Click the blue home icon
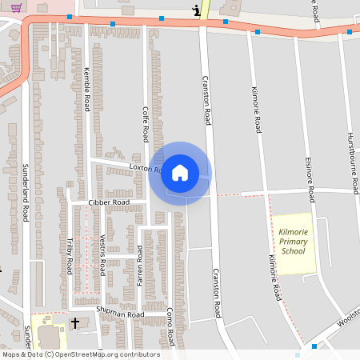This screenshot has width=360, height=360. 180,173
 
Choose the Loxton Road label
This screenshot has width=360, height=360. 146,168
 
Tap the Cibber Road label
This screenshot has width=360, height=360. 109,203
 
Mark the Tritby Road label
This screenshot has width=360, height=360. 70,256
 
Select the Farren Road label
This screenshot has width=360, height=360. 140,266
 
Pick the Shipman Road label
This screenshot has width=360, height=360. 119,314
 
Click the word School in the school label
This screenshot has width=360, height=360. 294,251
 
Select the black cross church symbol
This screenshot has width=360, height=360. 76,323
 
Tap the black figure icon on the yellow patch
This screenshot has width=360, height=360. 197,10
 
